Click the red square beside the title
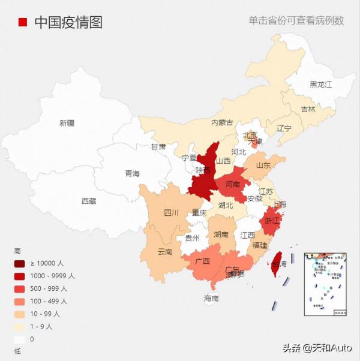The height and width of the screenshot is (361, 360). coord(23,22)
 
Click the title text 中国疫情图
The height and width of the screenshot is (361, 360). coord(68,22)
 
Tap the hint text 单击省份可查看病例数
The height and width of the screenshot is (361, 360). coord(296,20)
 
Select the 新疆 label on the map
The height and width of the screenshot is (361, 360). coord(67,123)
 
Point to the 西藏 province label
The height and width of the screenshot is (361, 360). coord(88,201)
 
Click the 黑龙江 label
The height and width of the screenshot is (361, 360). coord(320,85)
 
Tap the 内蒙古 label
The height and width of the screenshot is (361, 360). coord(222,122)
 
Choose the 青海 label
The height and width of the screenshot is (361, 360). coord(132,173)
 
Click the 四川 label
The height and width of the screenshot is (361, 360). coord(171,213)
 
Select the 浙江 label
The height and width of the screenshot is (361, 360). coord(272,221)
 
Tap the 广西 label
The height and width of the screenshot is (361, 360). coord(203,261)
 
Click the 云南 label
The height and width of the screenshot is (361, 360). coord(165,251)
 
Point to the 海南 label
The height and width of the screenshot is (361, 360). coord(211,298)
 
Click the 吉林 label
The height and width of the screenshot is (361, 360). coord(308,109)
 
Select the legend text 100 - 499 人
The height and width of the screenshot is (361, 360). coord(49,301)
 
